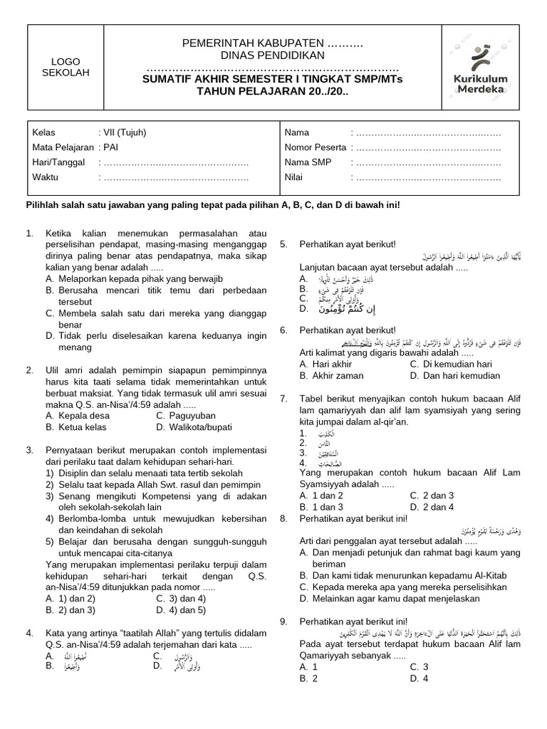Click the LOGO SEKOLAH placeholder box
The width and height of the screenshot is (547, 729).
[x=61, y=67]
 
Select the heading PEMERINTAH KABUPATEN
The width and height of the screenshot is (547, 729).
[x=273, y=44]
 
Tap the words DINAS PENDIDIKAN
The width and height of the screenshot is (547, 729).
[x=273, y=56]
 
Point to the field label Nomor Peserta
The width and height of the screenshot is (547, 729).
[x=316, y=147]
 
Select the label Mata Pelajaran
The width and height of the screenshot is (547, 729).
[x=63, y=147]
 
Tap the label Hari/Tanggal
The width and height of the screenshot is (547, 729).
[x=59, y=162]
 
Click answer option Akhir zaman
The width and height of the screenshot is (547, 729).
[x=332, y=375]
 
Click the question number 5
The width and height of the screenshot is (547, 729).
[x=283, y=244]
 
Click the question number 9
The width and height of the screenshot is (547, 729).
[x=283, y=622]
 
